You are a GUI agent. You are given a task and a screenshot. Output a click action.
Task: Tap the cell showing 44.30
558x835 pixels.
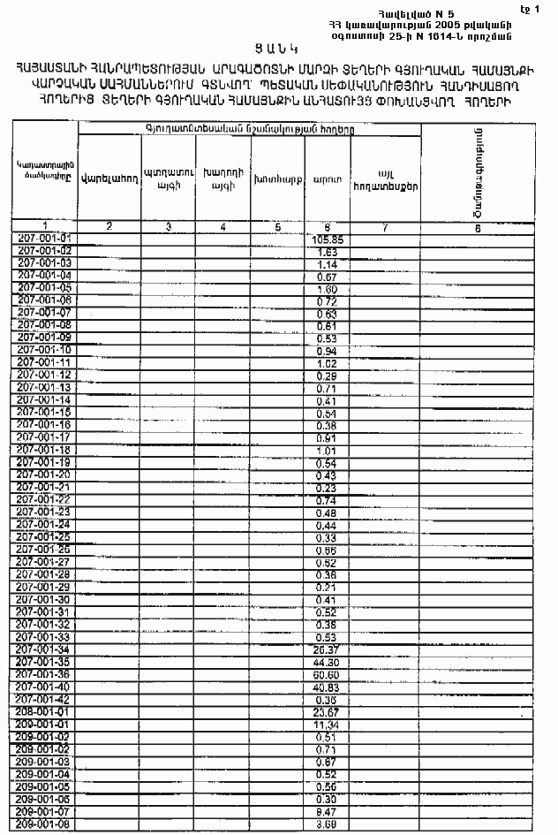(327, 662)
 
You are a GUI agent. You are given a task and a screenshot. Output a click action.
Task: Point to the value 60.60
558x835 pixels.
(327, 674)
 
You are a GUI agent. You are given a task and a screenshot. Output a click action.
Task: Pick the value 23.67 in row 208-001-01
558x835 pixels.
(327, 711)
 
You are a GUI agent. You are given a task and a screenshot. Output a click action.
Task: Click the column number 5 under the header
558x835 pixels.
(277, 227)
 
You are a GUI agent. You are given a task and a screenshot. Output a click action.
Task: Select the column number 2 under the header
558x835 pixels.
(109, 227)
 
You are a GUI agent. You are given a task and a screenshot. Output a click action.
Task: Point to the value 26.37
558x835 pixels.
(327, 649)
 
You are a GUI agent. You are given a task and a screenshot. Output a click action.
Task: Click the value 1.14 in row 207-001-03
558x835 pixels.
(327, 264)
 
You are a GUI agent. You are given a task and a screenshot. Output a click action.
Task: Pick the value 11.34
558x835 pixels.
(327, 724)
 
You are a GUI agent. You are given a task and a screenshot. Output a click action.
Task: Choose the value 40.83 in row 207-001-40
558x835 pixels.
(327, 687)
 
